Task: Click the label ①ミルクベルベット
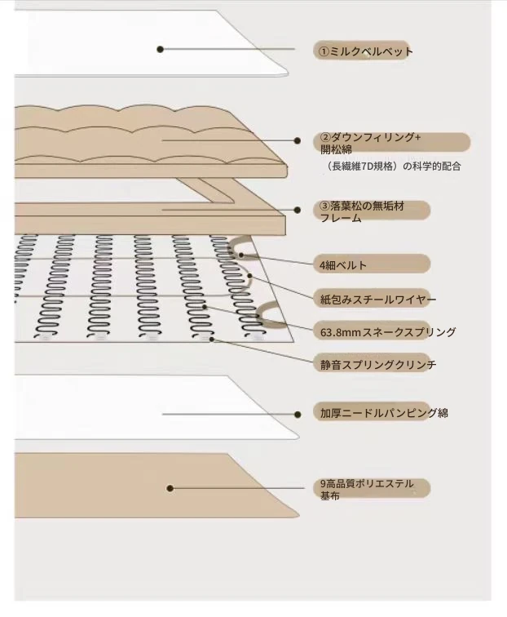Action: pos(365,51)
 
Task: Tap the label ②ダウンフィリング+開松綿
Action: pos(370,144)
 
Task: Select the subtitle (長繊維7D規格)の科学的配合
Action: pos(394,166)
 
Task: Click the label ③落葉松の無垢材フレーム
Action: pos(362,211)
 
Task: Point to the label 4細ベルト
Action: pos(343,265)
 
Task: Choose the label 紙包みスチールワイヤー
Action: pos(378,300)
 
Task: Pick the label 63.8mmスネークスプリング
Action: pos(388,332)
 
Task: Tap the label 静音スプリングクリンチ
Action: pos(378,365)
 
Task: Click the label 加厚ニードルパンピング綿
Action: pos(384,413)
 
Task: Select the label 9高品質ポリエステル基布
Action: pos(367,489)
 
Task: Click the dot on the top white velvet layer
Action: pos(160,49)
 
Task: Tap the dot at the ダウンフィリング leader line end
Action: pos(298,140)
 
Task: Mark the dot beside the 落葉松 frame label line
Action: pos(298,210)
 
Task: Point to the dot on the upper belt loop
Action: pos(241,255)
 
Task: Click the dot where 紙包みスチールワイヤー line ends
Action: pos(249,276)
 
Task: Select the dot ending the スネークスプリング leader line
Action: pos(205,307)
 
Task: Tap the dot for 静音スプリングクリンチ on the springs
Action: pos(212,339)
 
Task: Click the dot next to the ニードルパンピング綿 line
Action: pos(298,415)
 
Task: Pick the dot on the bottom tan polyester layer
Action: pos(170,488)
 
